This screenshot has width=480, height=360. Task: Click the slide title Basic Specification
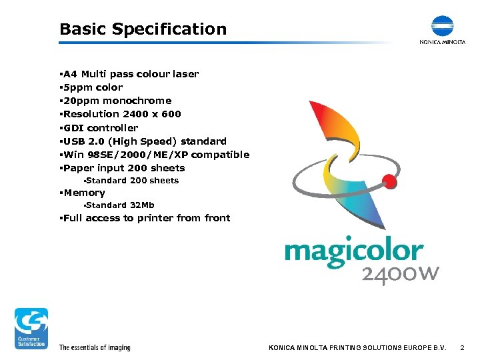[143, 29]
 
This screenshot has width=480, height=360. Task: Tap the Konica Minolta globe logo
[441, 26]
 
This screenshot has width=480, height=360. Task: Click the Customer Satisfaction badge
[32, 328]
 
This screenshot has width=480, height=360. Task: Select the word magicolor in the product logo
[353, 253]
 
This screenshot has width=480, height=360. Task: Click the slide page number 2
[461, 347]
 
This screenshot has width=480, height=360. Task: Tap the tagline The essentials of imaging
[95, 347]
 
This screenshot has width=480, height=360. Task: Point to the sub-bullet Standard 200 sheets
[132, 181]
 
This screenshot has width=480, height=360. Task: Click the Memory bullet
[84, 193]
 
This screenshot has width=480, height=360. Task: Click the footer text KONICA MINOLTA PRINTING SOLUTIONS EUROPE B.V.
[357, 347]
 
